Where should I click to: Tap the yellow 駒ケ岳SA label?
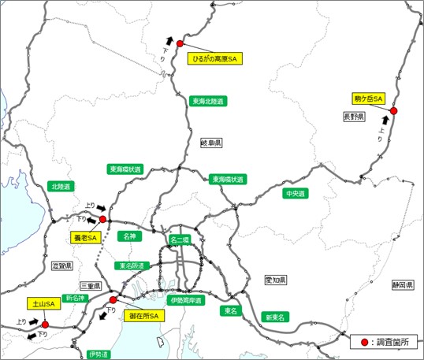[367, 98]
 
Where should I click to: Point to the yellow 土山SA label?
[42, 303]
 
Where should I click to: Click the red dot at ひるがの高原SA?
[180, 44]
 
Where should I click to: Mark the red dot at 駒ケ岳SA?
[394, 111]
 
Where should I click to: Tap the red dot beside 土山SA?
[45, 324]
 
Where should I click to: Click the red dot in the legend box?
[365, 343]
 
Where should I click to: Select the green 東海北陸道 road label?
[208, 102]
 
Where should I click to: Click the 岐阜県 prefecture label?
[211, 144]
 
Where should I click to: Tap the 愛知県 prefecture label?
[276, 280]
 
